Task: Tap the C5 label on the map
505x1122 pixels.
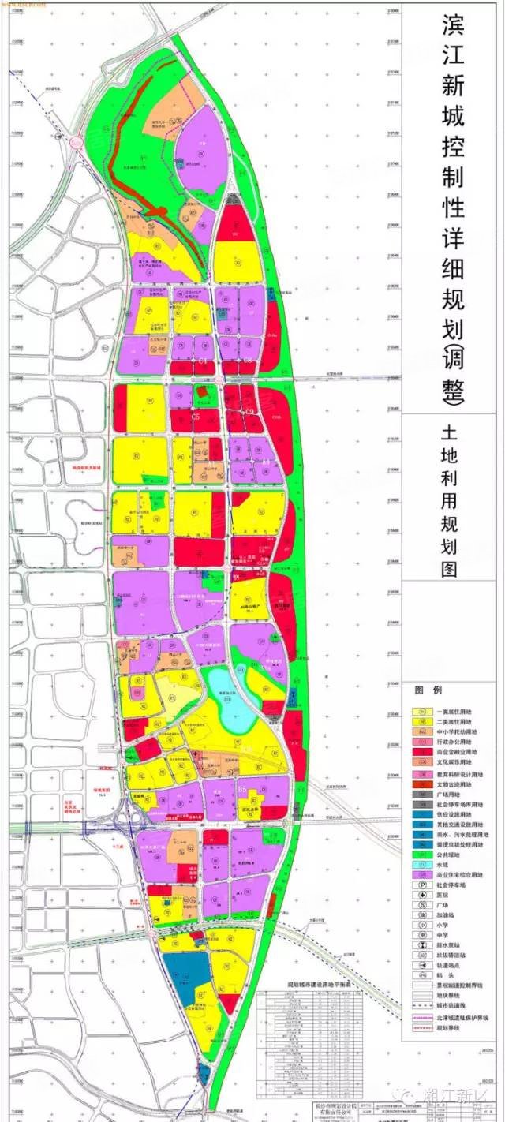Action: pyautogui.click(x=196, y=416)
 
